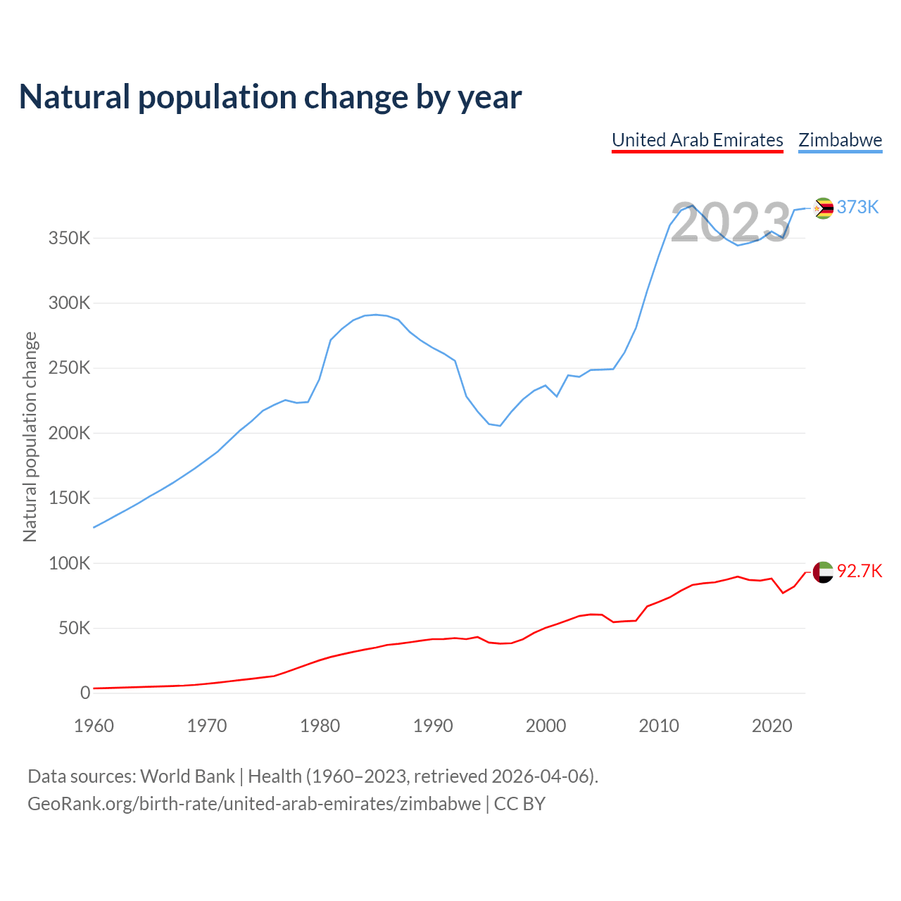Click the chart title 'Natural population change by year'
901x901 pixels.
point(270,97)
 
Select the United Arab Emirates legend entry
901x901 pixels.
point(698,140)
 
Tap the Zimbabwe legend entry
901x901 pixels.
point(840,140)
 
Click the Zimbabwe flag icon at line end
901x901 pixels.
point(823,208)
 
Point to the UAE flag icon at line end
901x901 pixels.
point(823,572)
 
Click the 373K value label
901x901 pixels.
point(857,207)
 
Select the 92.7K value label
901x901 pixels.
point(859,571)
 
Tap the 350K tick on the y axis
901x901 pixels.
point(70,238)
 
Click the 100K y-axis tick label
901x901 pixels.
point(70,563)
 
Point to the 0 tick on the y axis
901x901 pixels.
point(85,693)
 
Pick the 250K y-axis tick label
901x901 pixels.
point(70,368)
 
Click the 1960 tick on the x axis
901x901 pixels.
point(94,726)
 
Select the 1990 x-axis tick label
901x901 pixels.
point(433,726)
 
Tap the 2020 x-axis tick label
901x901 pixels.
point(772,726)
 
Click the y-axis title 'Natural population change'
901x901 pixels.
point(30,437)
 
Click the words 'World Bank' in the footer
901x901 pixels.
point(187,776)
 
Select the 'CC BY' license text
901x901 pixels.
point(519,804)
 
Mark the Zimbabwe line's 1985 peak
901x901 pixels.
point(377,315)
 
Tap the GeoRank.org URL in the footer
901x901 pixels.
point(254,804)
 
